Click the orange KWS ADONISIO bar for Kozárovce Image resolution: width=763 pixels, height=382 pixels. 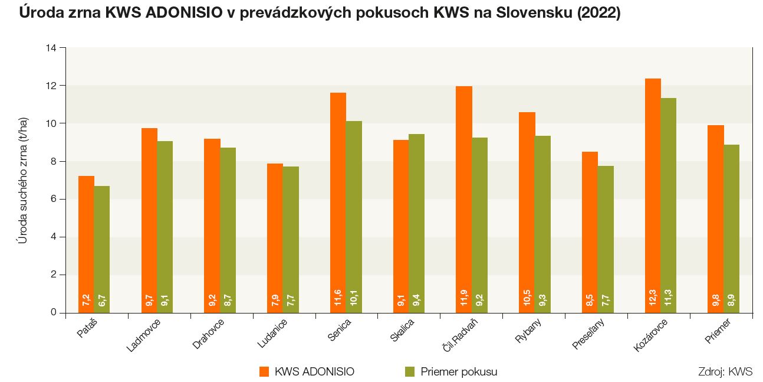pos(653,195)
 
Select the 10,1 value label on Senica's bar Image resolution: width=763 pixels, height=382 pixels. pos(354,298)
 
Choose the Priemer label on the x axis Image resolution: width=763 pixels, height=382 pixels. pos(718,332)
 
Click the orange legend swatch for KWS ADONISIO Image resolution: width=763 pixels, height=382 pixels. pos(264,371)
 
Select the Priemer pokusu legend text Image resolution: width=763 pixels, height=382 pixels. pos(459,371)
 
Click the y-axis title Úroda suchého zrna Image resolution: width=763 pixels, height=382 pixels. pos(22,180)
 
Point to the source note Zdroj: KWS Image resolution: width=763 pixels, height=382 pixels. pos(725,372)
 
